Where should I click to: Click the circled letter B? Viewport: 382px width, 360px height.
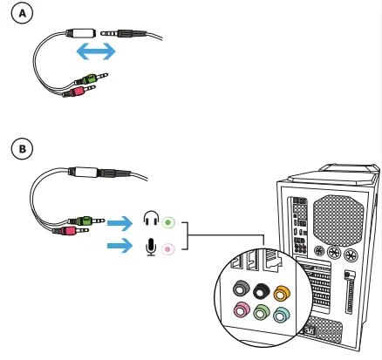coord(23,147)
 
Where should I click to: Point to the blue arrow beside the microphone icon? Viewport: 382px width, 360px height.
coord(119,248)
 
